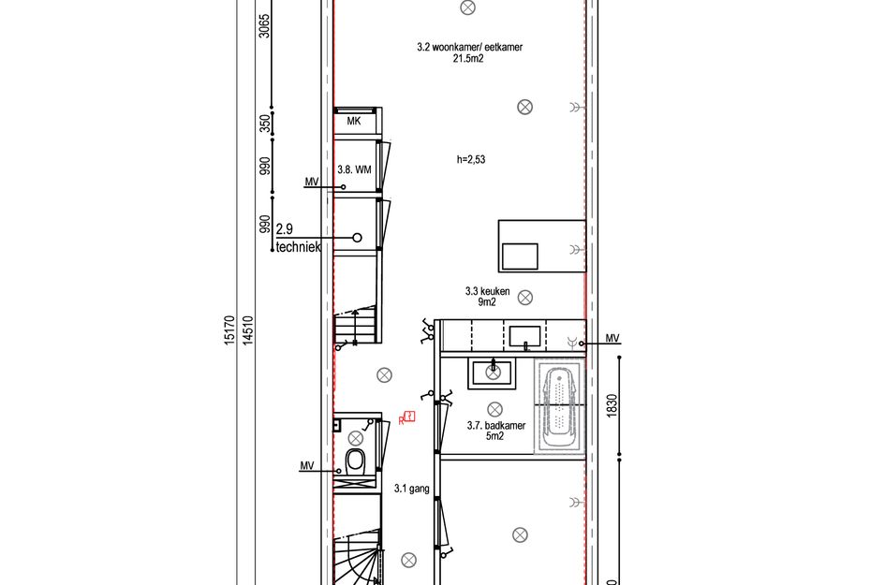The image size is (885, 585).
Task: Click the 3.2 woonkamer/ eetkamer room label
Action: click(x=469, y=52)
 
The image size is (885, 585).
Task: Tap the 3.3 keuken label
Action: click(x=487, y=296)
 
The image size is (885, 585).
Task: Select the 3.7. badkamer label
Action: click(x=495, y=431)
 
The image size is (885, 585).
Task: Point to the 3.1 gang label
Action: click(x=411, y=489)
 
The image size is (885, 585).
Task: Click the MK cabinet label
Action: click(x=354, y=121)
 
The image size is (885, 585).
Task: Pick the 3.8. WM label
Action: click(x=354, y=169)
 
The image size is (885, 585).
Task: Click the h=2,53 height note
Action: click(x=471, y=159)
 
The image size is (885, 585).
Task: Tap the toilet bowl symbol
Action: click(x=355, y=461)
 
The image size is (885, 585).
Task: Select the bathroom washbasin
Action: click(x=492, y=373)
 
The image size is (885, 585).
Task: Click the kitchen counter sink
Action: click(x=524, y=337)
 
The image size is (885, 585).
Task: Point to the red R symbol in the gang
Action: click(x=407, y=418)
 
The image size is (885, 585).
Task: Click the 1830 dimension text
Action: click(x=612, y=405)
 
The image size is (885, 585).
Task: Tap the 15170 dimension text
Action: click(x=229, y=330)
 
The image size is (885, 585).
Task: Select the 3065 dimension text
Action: click(x=264, y=25)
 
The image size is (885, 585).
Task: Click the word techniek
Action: click(x=298, y=246)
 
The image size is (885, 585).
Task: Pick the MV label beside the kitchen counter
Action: click(x=612, y=338)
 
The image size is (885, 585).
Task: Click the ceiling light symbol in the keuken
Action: click(x=525, y=298)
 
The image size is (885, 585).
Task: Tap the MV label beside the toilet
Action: click(x=306, y=465)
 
